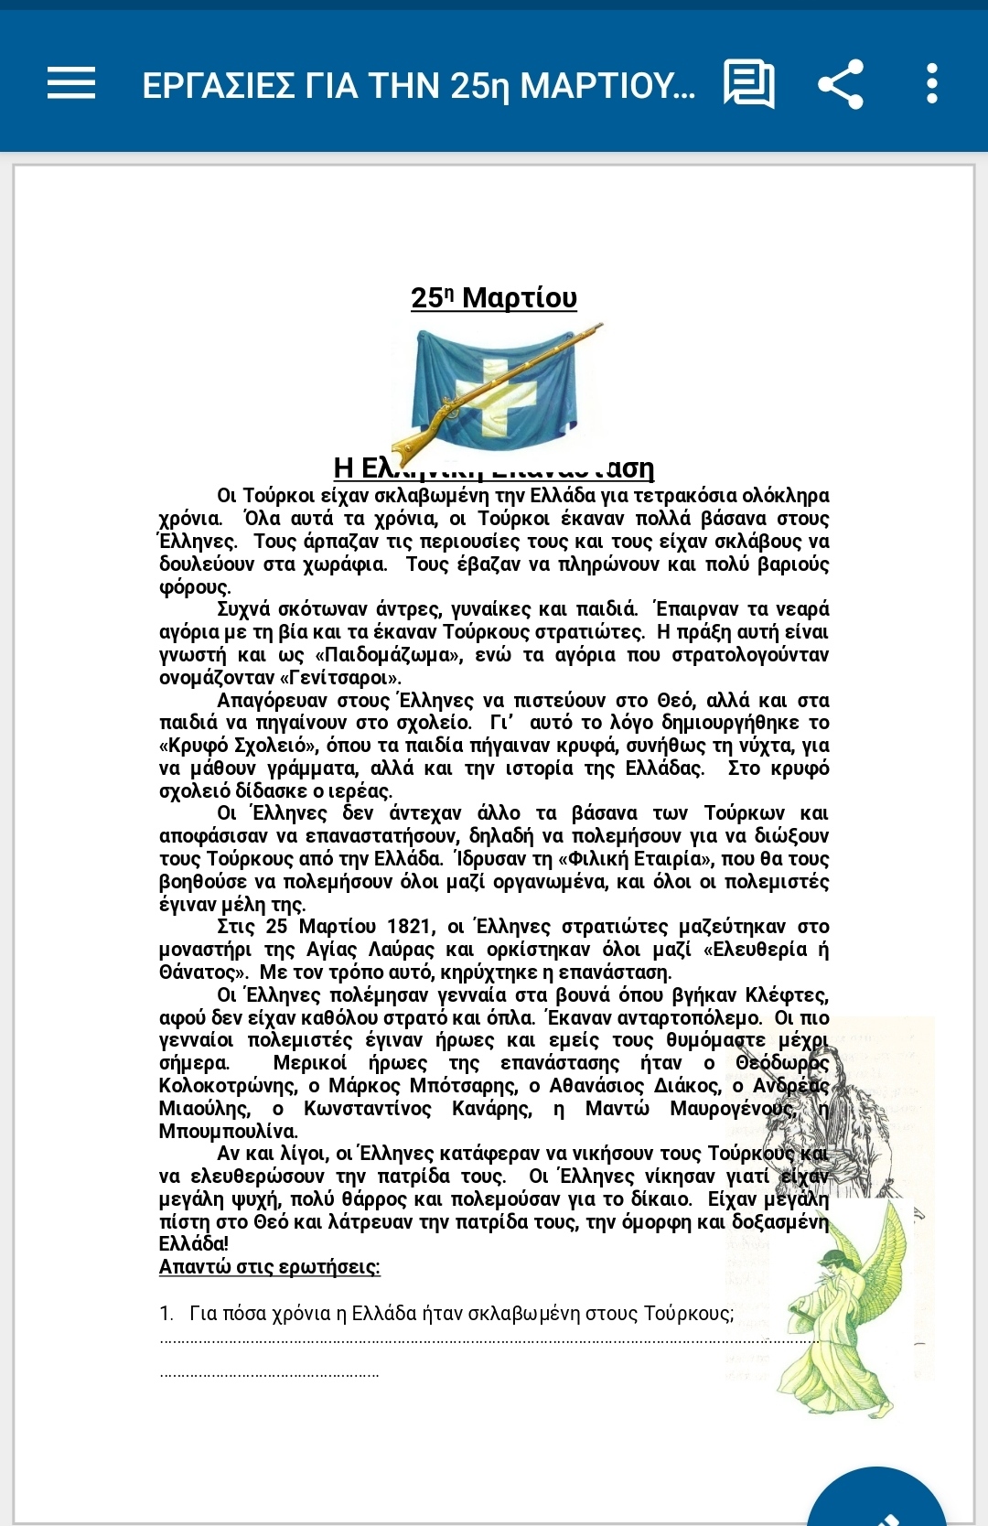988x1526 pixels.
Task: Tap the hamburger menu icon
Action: pos(71,83)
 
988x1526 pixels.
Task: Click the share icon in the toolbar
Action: pos(840,84)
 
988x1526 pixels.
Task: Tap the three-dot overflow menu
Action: pos(931,84)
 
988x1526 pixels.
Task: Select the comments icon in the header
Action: pos(748,84)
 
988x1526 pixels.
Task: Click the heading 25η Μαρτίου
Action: pos(494,297)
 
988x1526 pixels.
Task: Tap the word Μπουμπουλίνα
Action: pos(228,1132)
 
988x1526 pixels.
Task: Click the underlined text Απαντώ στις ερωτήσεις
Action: pos(269,1267)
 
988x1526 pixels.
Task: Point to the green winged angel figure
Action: pos(832,1308)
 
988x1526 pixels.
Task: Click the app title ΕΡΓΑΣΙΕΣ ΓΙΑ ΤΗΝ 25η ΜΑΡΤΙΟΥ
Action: pos(418,85)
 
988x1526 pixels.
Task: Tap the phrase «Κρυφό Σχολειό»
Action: pos(238,746)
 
